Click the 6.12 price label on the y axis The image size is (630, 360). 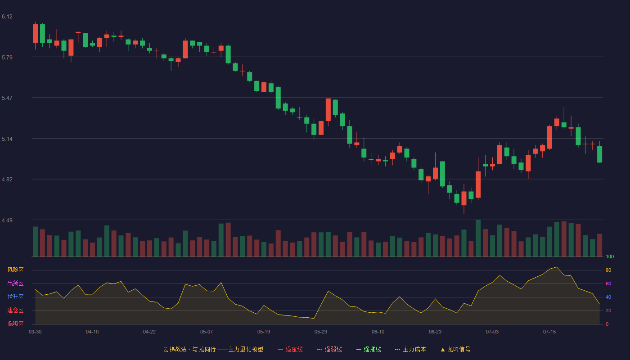coord(7,17)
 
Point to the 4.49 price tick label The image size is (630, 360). coord(7,220)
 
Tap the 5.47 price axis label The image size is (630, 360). coord(7,98)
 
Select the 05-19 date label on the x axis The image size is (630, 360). coord(264,332)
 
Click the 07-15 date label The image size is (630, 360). coord(549,332)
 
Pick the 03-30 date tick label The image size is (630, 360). coord(35,332)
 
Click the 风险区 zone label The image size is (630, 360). coord(15,270)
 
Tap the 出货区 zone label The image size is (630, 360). coord(15,283)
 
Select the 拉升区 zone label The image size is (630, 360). coord(15,297)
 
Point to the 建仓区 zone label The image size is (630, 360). coord(15,310)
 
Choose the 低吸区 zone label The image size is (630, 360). coord(15,324)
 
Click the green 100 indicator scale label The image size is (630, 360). coord(610,256)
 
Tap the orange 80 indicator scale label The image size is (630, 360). coord(608,270)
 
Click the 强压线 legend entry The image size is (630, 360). coord(290,349)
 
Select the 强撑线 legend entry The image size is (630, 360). coord(369,349)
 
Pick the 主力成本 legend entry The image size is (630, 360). coord(410,349)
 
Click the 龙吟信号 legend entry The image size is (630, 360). coord(455,349)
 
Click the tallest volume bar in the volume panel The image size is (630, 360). coord(478,238)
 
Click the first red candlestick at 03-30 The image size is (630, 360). coord(35,34)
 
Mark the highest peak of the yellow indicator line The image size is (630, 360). coord(557,267)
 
